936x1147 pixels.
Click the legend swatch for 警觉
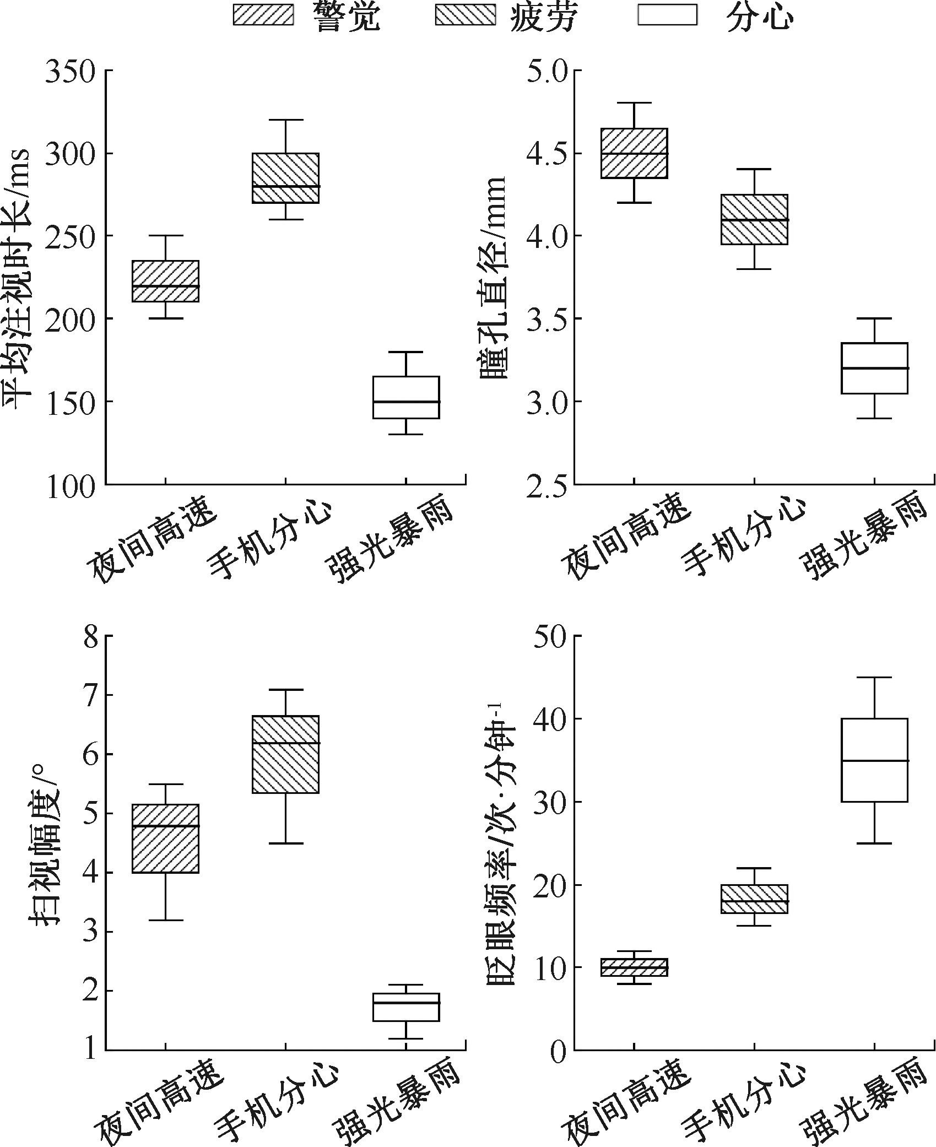[263, 15]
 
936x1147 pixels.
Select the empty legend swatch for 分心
[667, 15]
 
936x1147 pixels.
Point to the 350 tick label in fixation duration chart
[69, 72]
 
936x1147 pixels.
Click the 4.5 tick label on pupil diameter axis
[547, 154]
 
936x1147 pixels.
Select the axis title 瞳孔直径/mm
[493, 278]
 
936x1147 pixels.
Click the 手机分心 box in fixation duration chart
[285, 178]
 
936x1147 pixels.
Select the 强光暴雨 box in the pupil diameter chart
[874, 368]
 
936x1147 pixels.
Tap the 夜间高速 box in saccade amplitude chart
[165, 838]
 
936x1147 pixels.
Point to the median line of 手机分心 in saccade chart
[285, 743]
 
